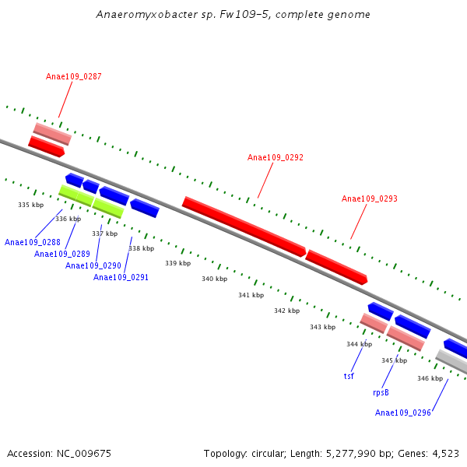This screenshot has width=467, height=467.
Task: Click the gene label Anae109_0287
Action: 74,76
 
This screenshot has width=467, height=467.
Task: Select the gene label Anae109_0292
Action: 276,157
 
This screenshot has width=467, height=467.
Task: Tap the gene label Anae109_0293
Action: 370,199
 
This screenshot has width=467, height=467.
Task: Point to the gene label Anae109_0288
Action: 33,242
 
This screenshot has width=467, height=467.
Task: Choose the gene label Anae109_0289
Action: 62,254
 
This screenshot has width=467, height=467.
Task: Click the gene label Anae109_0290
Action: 93,265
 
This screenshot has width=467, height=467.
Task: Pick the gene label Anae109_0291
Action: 121,277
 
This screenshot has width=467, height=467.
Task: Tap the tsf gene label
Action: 349,376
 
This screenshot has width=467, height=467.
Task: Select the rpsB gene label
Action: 381,392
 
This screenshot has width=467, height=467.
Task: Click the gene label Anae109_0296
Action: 403,413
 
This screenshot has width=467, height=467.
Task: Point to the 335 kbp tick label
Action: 31,205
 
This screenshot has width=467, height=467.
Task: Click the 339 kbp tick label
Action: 177,263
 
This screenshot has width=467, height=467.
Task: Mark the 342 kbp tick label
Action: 286,311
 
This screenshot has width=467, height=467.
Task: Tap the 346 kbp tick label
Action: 430,378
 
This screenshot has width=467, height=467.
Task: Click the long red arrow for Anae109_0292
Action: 244,226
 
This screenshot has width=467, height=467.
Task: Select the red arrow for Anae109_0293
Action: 336,266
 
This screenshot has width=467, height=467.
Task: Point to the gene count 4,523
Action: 444,453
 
